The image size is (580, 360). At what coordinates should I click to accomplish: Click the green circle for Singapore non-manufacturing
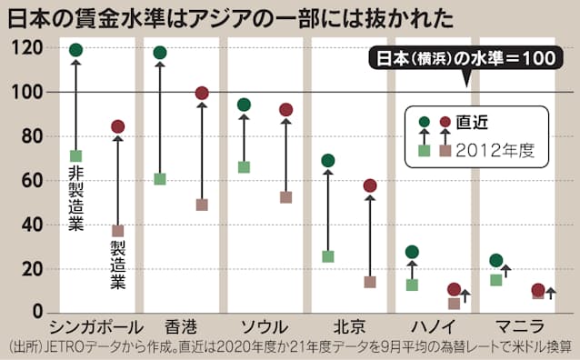75,50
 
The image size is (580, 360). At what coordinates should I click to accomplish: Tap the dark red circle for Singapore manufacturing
117,126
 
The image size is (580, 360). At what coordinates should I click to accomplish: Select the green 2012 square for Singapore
75,156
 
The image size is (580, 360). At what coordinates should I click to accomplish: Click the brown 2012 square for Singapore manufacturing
117,231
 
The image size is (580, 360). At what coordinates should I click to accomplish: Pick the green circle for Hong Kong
160,53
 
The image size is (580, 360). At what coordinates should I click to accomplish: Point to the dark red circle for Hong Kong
202,93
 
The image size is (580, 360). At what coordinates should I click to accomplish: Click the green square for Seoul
244,167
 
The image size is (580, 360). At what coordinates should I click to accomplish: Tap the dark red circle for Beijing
370,185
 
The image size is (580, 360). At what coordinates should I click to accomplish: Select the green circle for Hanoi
412,252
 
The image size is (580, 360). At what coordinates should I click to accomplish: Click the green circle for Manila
495,261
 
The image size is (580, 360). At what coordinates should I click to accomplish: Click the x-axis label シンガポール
95,326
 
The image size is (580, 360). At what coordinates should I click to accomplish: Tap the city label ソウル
265,326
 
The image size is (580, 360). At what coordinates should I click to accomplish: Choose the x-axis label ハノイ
432,326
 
